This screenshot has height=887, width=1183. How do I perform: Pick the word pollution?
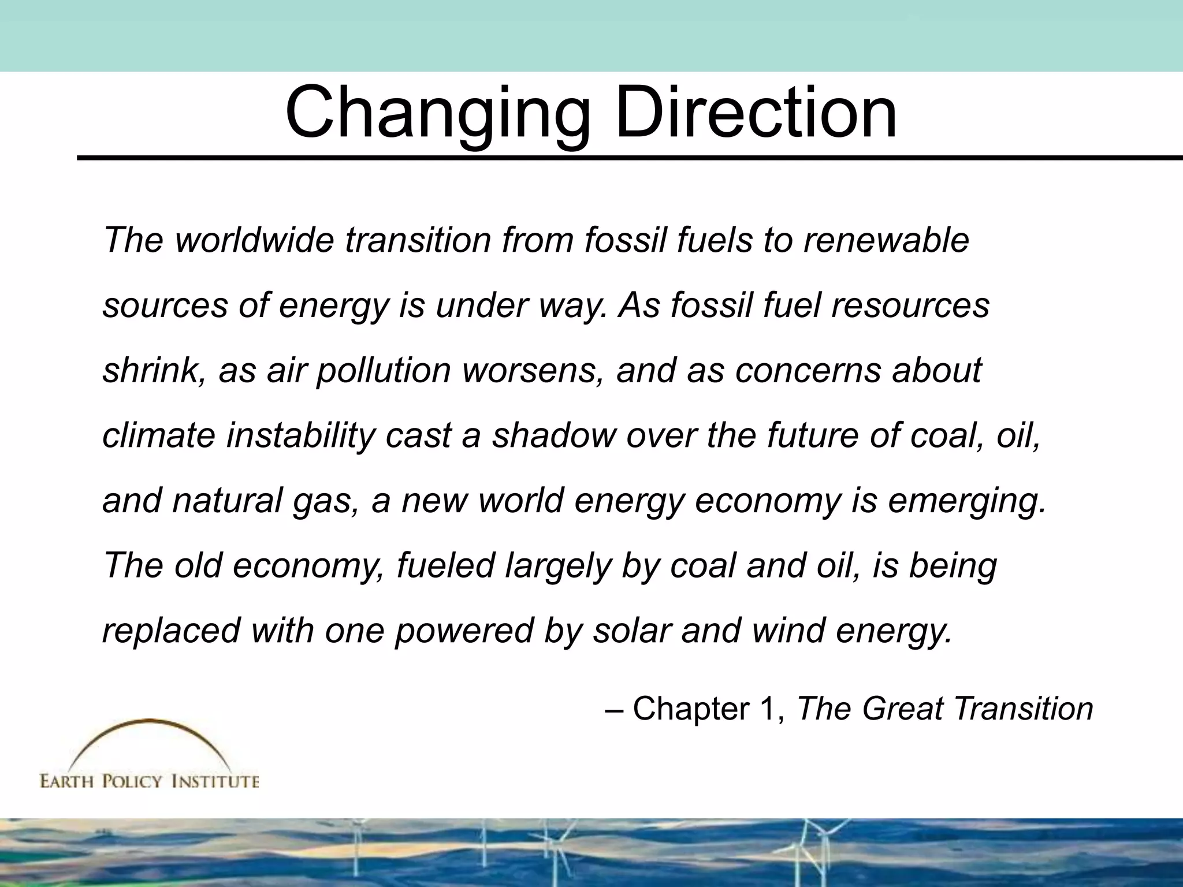tap(384, 370)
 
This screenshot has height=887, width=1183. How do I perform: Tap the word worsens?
tap(530, 370)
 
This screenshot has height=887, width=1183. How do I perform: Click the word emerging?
tap(967, 501)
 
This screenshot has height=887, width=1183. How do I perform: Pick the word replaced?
tap(171, 630)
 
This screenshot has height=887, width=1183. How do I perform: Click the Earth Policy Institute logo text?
tap(149, 781)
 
